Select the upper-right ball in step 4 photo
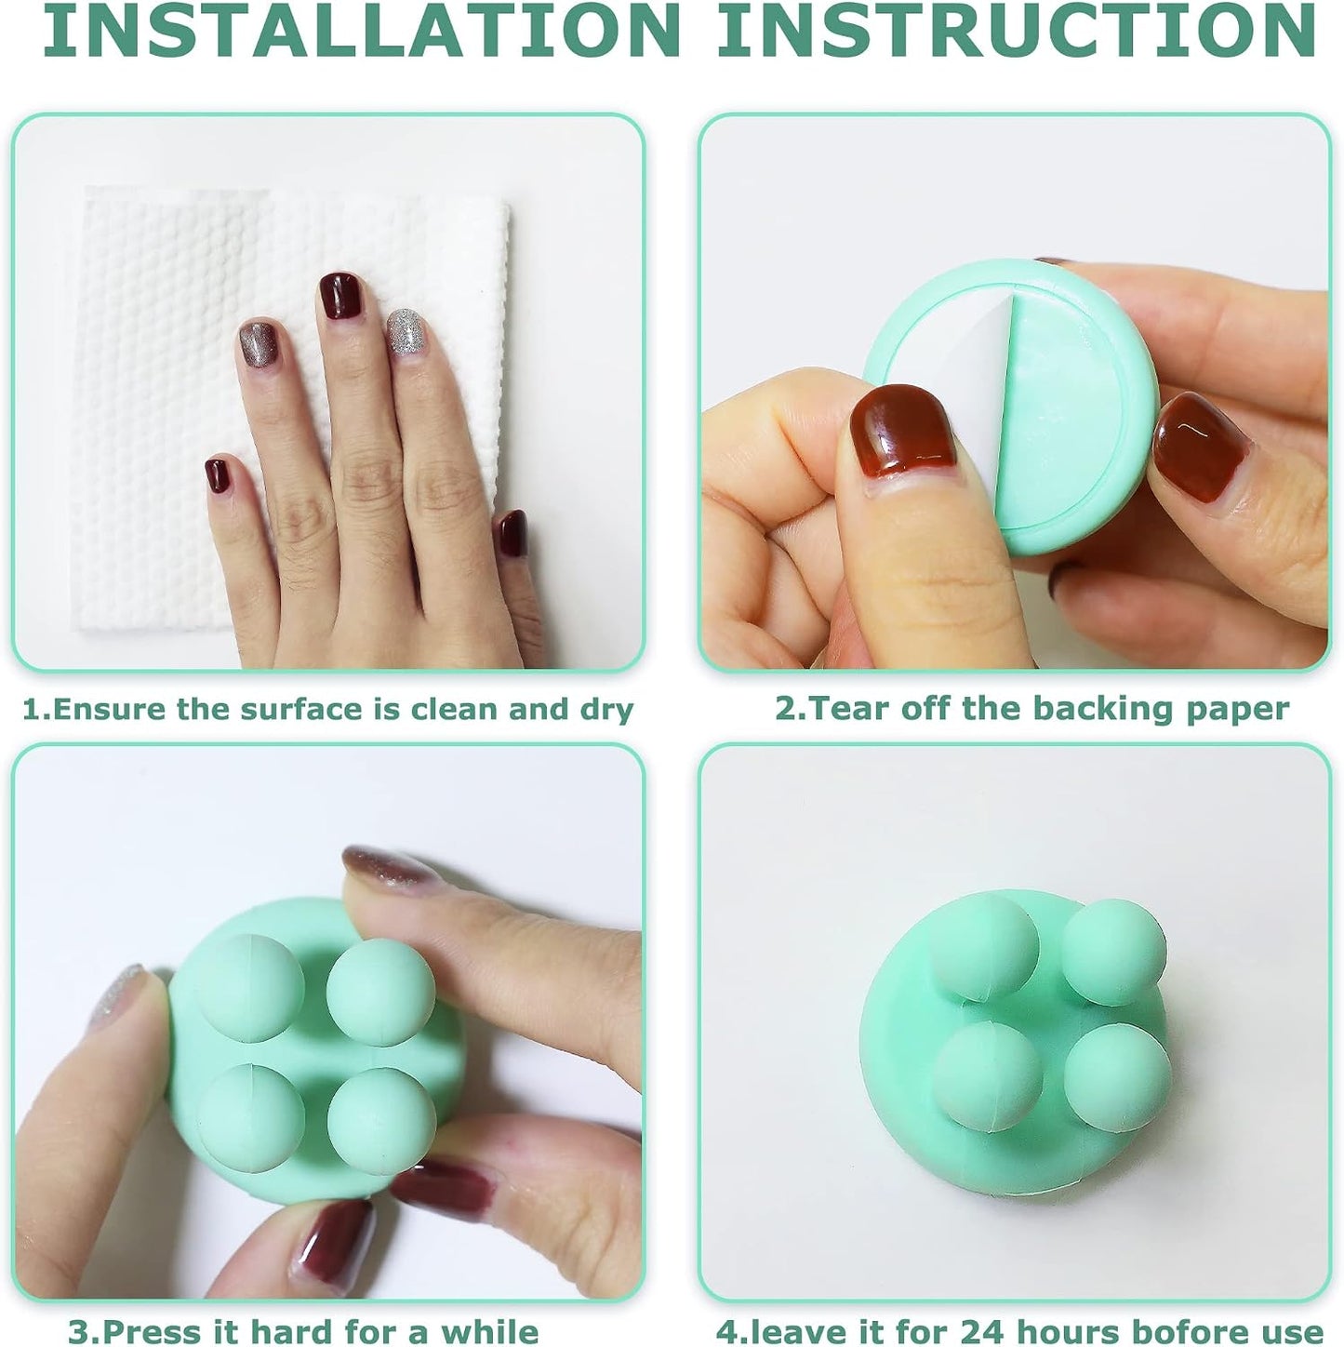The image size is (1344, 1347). click(1114, 952)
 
